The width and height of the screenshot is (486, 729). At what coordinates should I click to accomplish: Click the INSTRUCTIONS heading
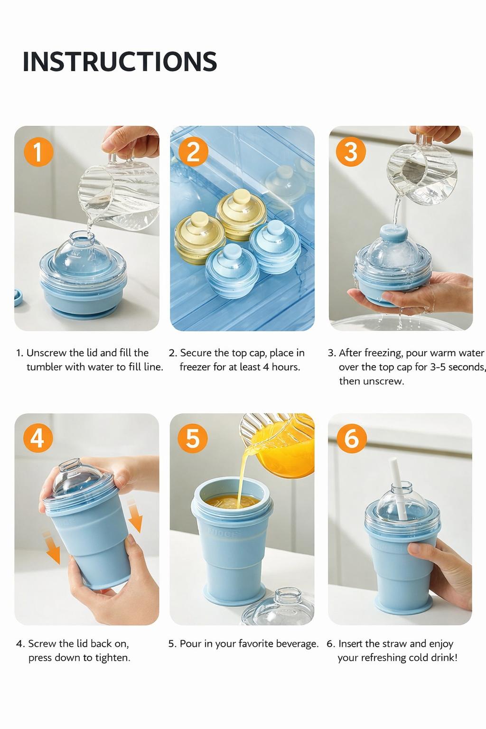pos(120,61)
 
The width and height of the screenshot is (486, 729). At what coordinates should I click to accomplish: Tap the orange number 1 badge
pos(37,152)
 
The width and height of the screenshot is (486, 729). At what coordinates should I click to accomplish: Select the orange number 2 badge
pos(193,152)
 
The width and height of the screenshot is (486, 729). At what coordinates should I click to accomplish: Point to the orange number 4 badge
pos(37,438)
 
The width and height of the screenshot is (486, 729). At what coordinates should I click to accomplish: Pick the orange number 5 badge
pos(193,438)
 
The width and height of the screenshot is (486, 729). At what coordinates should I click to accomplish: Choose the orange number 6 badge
pos(351,438)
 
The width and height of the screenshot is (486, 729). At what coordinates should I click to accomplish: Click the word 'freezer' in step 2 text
pos(196,367)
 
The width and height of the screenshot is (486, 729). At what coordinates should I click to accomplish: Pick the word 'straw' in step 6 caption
pos(393,644)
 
